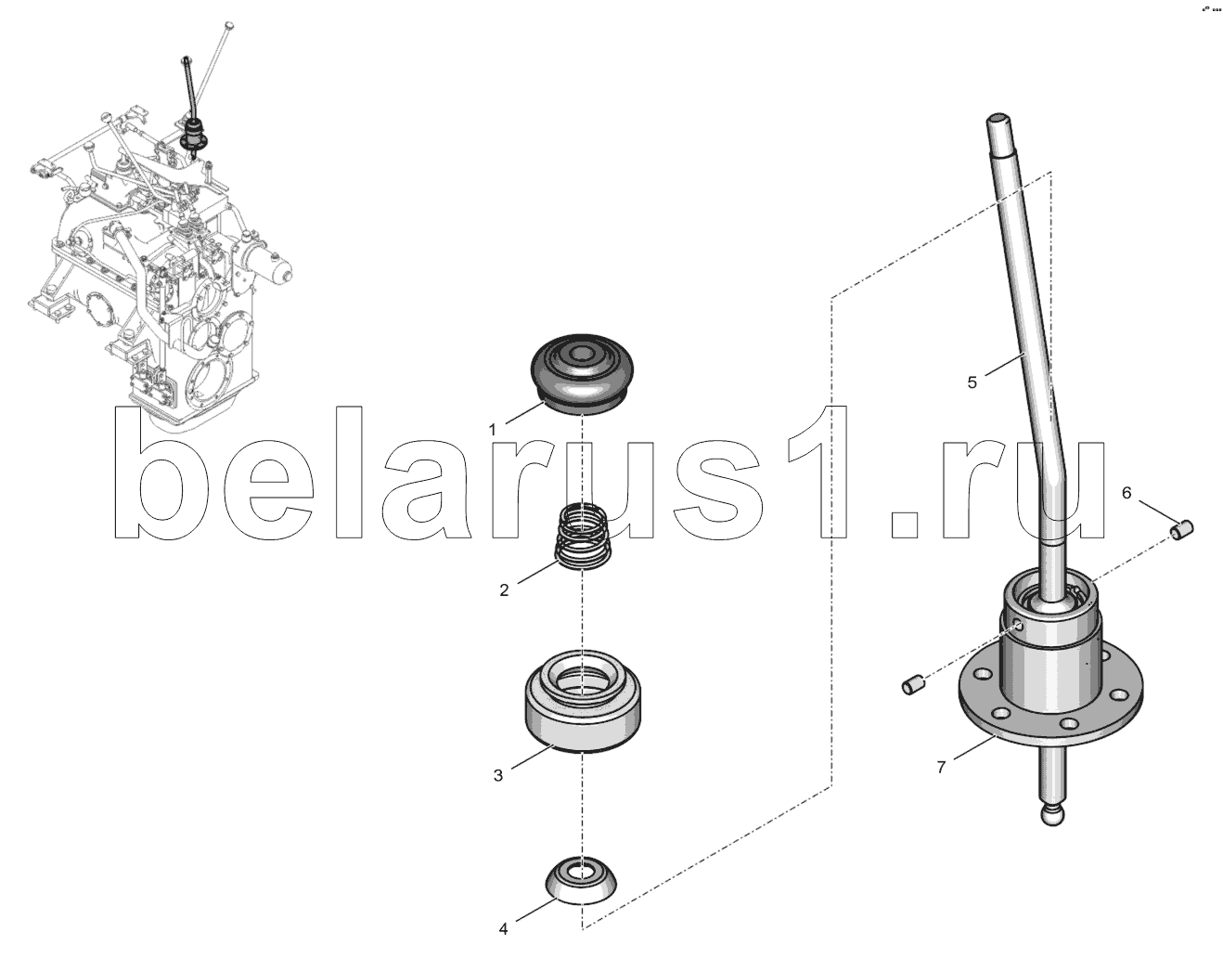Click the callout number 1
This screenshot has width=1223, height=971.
click(x=493, y=431)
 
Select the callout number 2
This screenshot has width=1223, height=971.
click(x=504, y=590)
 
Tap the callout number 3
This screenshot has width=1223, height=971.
click(x=498, y=775)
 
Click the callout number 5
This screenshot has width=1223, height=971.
click(x=972, y=382)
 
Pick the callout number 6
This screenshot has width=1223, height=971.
click(x=1126, y=492)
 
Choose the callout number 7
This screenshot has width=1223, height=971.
click(x=941, y=768)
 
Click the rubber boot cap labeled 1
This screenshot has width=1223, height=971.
click(x=581, y=375)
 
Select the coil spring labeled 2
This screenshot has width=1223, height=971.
click(x=583, y=537)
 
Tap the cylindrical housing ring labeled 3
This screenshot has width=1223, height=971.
click(x=583, y=703)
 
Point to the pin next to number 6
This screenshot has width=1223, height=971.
click(x=1181, y=531)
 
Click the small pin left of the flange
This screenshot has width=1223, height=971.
click(x=914, y=684)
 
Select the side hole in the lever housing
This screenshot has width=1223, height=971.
click(x=1019, y=627)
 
